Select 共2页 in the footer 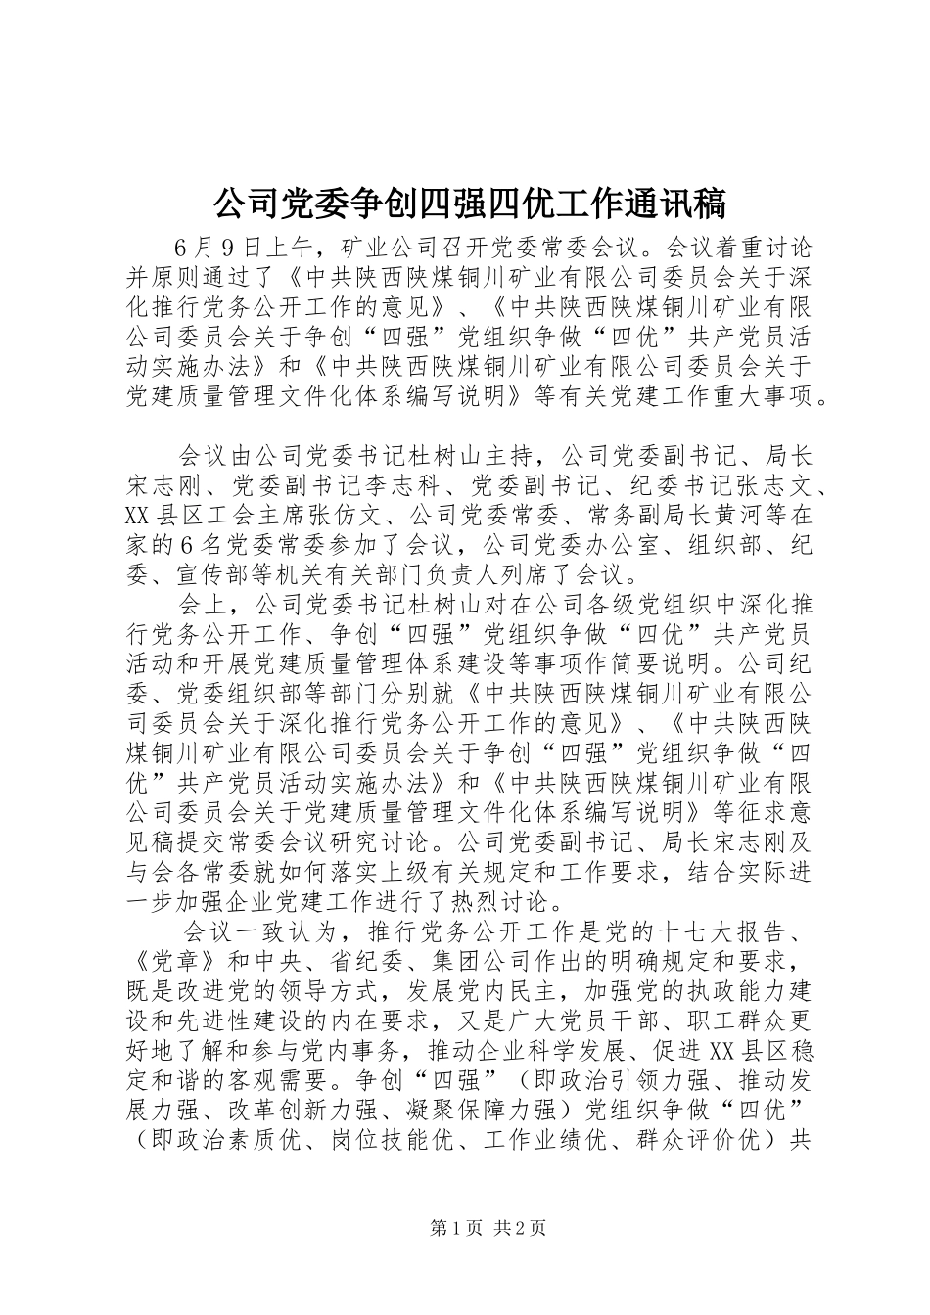pos(520,1228)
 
